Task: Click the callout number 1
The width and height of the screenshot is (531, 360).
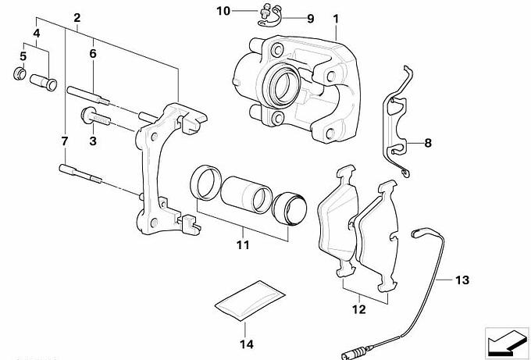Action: [x=336, y=19]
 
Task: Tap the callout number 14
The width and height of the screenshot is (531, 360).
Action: [x=247, y=344]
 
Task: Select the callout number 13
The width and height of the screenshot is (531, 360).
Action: [x=462, y=280]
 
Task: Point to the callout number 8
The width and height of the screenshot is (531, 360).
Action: [x=428, y=143]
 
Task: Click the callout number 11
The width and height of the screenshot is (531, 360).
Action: [x=243, y=244]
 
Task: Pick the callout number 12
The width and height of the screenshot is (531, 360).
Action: [x=358, y=309]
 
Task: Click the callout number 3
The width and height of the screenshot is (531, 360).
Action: [x=93, y=141]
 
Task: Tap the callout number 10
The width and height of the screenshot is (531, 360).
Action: [x=223, y=11]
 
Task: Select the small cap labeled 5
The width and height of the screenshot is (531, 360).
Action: [x=20, y=73]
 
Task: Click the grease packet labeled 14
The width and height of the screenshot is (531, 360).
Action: [x=250, y=301]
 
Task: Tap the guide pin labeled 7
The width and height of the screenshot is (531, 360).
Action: [x=80, y=173]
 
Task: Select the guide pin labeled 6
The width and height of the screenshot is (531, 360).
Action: [x=88, y=94]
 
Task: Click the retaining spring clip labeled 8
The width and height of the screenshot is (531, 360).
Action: [x=397, y=121]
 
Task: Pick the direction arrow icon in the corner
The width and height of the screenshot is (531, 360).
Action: [x=507, y=342]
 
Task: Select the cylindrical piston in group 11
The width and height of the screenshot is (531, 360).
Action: [x=246, y=194]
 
